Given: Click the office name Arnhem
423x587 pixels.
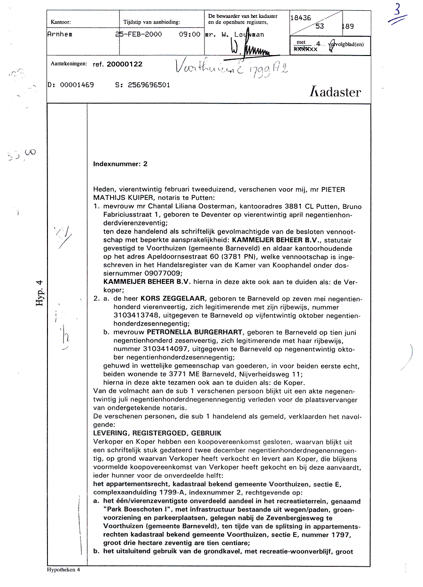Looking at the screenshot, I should tap(60, 34).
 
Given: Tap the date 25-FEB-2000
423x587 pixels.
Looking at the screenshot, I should tap(139, 34).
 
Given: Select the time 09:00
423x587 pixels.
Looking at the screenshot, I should tap(189, 34).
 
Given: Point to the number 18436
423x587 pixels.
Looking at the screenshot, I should tap(301, 18).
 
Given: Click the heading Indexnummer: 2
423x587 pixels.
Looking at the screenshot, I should tap(120, 164).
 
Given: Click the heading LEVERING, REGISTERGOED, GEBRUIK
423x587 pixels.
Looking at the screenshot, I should tap(157, 433).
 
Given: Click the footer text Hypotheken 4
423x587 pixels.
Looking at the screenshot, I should tap(63, 570).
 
